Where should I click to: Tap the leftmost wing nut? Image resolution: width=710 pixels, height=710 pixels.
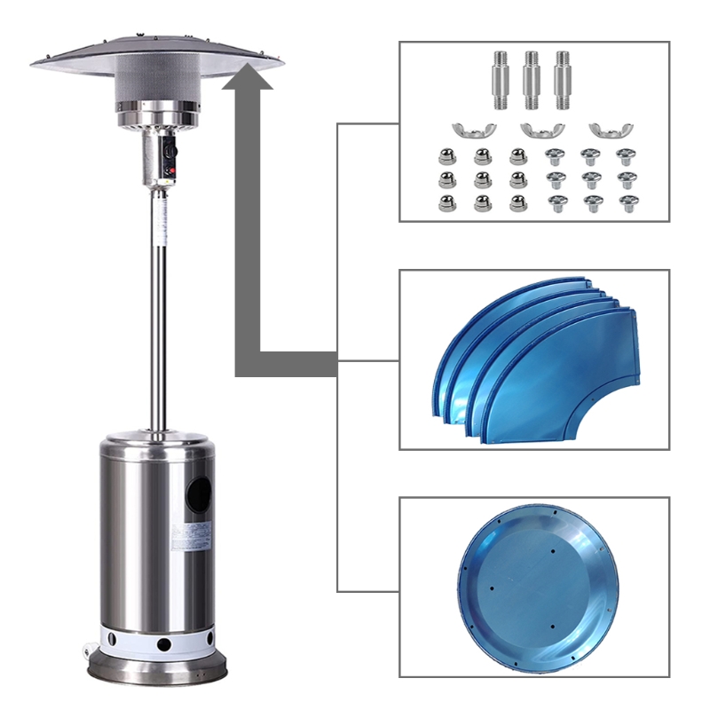[x=467, y=130]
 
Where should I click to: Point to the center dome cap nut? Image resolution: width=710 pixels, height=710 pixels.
[x=483, y=180]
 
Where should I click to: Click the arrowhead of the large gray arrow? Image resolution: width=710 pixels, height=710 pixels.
[x=248, y=84]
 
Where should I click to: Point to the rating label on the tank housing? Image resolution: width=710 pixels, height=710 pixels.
[x=192, y=535]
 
